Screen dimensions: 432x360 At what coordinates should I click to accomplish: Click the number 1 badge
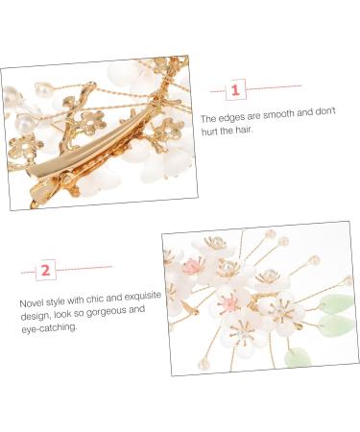click(x=233, y=90)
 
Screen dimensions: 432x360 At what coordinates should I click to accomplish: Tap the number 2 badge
click(x=44, y=271)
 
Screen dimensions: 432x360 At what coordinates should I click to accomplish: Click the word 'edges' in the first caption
click(x=234, y=118)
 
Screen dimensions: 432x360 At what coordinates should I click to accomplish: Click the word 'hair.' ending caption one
click(x=251, y=132)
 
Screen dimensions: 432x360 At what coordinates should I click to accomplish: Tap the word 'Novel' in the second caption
click(x=33, y=301)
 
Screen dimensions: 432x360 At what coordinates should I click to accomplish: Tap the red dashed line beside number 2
click(x=84, y=268)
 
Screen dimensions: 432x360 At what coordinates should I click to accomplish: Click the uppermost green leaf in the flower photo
click(x=336, y=304)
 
